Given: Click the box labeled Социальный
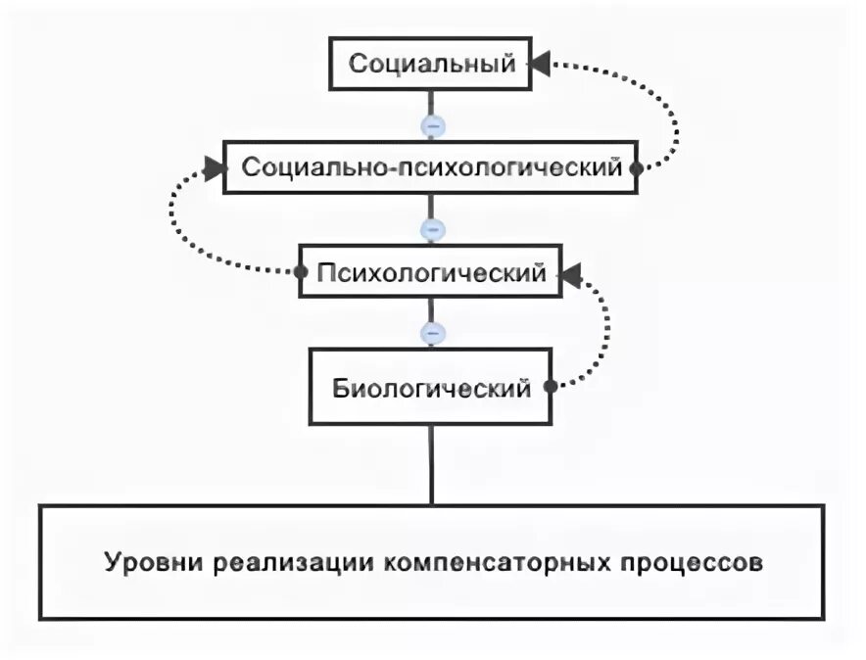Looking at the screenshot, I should point(432,66).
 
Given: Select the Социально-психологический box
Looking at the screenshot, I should point(432,167).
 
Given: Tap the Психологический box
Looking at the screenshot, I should point(432,274).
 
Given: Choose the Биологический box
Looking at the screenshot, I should point(432,388).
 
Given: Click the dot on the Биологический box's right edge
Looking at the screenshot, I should point(551,387).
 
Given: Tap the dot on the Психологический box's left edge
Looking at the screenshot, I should point(301,274).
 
